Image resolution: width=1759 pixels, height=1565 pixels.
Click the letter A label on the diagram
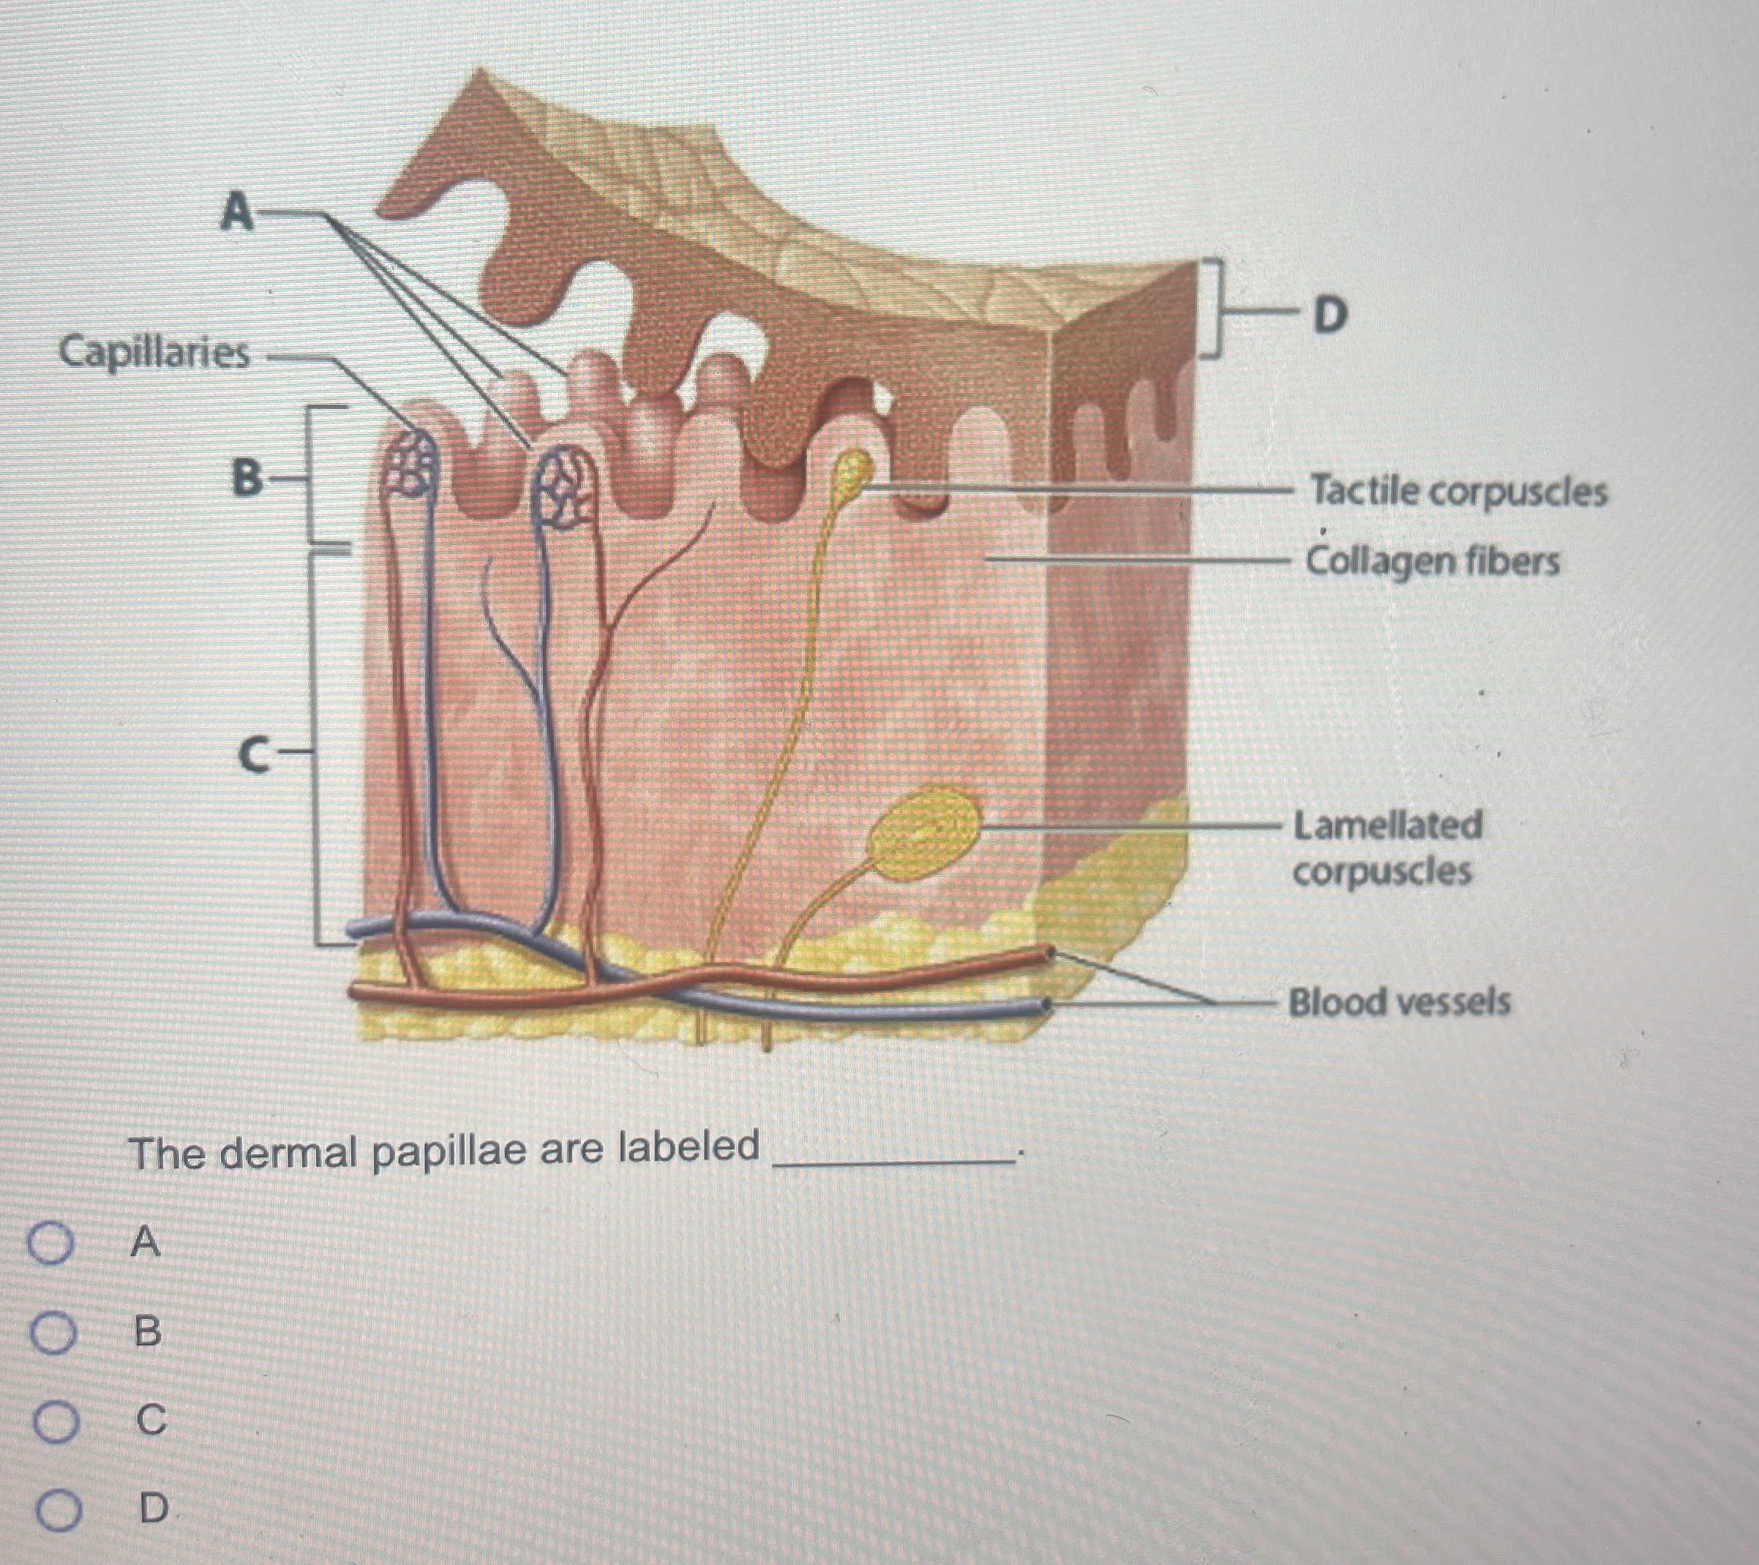tap(236, 211)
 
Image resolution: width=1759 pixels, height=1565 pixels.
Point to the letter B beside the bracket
tap(248, 478)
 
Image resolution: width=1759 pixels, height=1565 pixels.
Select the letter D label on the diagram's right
tap(1329, 316)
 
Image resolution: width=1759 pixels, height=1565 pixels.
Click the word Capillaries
tap(155, 353)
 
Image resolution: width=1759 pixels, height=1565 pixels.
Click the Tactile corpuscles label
tap(1458, 492)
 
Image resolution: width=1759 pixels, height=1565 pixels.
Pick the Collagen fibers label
tap(1432, 562)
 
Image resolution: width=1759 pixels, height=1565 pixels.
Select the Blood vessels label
tap(1398, 1002)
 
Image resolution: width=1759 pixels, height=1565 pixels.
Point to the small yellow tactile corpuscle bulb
tap(855, 471)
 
